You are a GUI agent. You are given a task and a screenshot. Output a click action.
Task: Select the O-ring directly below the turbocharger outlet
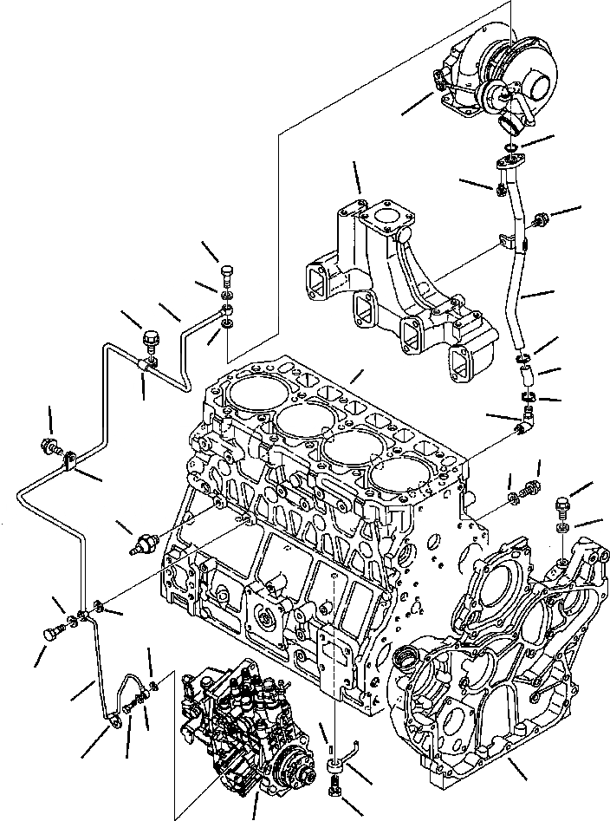[x=513, y=128]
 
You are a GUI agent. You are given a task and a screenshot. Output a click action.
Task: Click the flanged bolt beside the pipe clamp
[x=50, y=448]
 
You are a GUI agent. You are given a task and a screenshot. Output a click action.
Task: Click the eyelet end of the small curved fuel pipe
[x=114, y=714]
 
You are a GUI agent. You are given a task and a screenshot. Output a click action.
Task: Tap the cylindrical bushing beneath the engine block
[x=334, y=767]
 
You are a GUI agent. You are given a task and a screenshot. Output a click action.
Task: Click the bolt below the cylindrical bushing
[x=335, y=790]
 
